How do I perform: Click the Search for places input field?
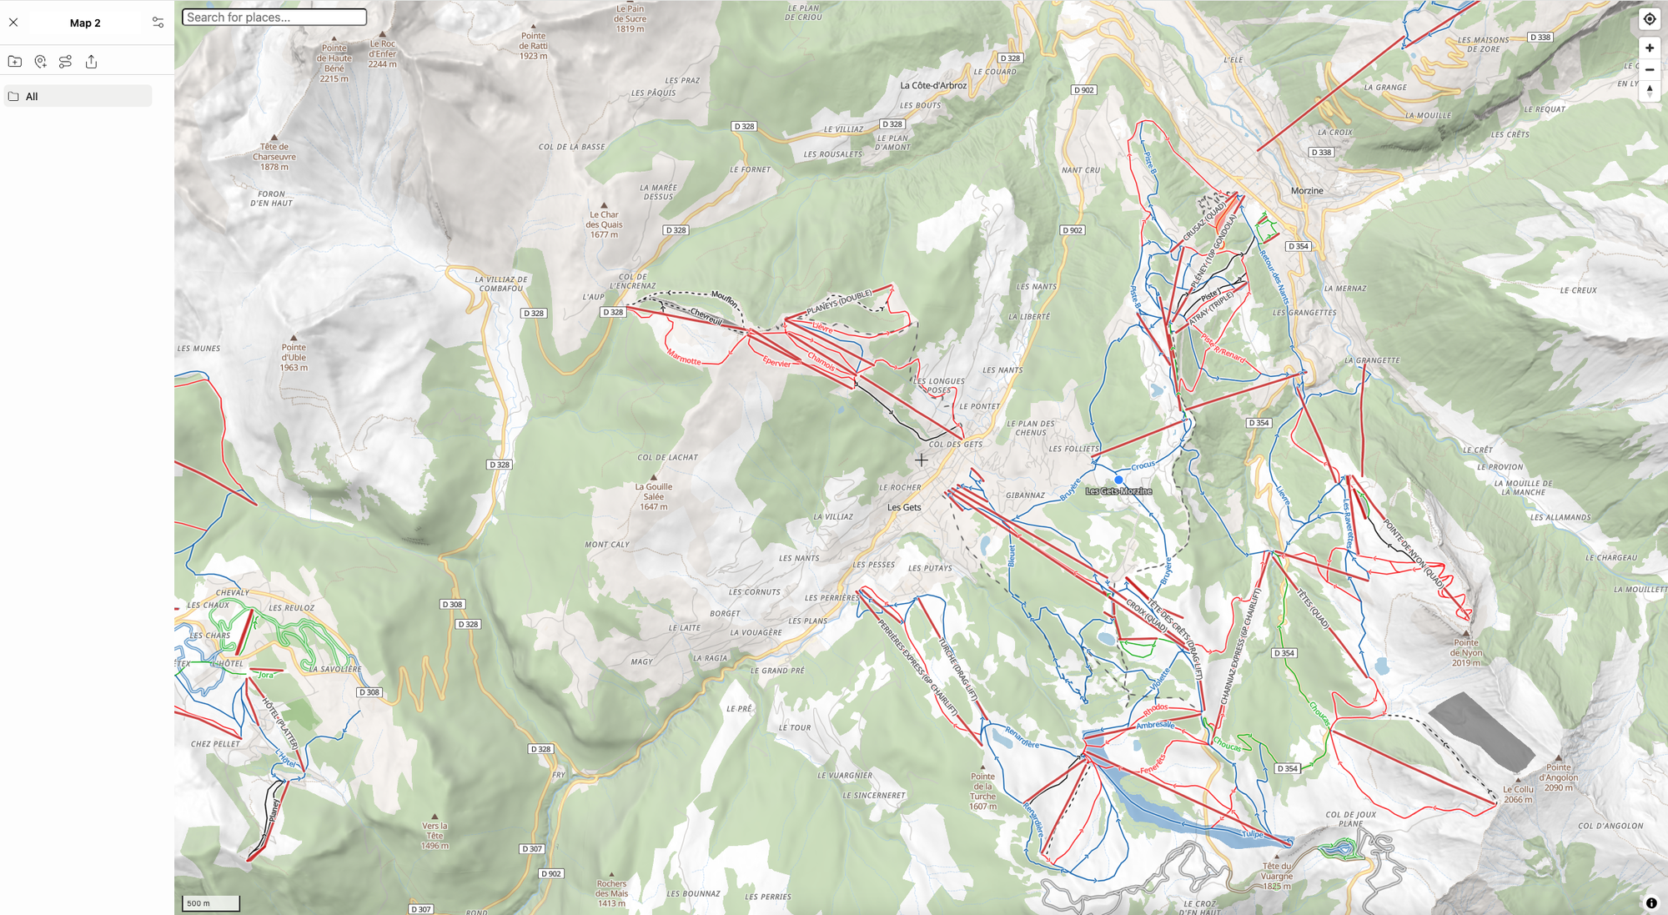(274, 17)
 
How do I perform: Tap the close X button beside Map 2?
(13, 23)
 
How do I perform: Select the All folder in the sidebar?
(78, 96)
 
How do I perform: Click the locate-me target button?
(1649, 19)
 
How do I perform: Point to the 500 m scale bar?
(211, 902)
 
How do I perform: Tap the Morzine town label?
(1306, 191)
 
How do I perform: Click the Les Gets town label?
(904, 507)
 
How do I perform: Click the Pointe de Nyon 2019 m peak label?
(1465, 651)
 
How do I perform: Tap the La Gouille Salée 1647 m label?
(654, 496)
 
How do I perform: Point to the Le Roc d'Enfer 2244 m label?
(382, 53)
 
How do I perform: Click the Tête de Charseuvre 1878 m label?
(274, 156)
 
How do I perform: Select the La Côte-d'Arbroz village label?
(933, 85)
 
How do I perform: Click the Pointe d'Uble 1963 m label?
(294, 357)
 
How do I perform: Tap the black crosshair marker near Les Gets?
(921, 460)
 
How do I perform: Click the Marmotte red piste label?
(684, 358)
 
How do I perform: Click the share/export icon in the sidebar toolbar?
(92, 62)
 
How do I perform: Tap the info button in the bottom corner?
(1650, 902)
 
